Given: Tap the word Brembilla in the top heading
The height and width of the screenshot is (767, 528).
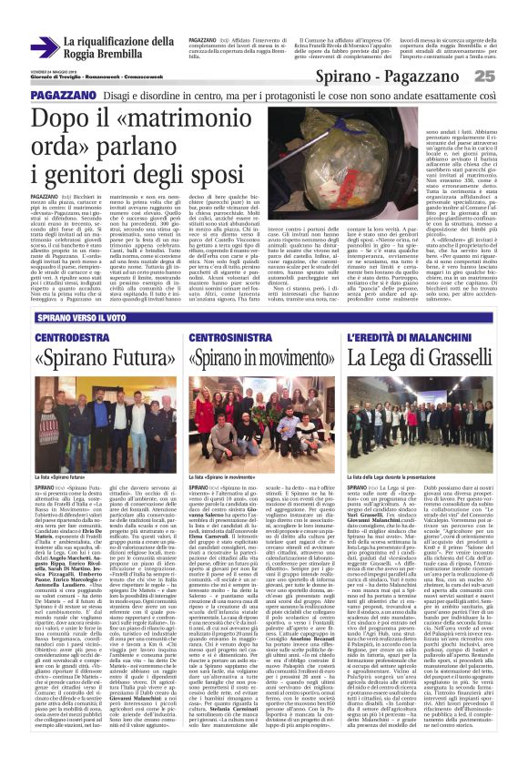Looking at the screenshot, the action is coord(144,54).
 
